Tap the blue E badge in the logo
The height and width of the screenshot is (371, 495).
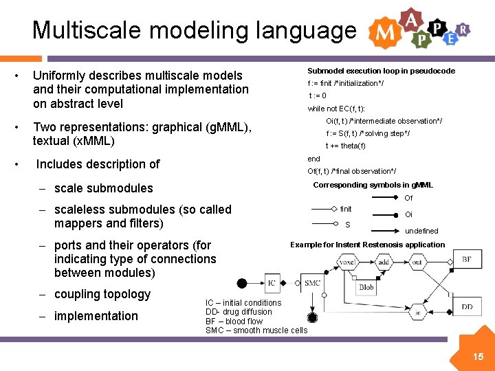(x=450, y=38)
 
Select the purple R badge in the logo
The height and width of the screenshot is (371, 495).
(x=463, y=29)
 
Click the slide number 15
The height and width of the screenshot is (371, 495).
(x=478, y=356)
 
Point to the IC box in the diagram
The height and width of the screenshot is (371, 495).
(x=272, y=282)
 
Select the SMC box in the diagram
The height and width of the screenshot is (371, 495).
(x=312, y=282)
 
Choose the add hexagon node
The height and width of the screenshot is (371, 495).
(x=383, y=261)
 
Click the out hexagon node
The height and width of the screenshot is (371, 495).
(x=417, y=261)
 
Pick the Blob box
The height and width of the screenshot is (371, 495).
(x=366, y=287)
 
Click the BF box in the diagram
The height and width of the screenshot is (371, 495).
(x=467, y=259)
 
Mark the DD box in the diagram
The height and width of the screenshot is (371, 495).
(x=467, y=307)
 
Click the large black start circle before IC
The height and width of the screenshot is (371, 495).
(x=242, y=283)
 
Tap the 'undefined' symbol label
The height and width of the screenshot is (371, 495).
(x=421, y=231)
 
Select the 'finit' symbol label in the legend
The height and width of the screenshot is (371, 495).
(x=346, y=209)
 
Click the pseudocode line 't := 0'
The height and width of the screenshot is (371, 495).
(x=317, y=95)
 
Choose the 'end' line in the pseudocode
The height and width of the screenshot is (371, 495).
(x=313, y=159)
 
